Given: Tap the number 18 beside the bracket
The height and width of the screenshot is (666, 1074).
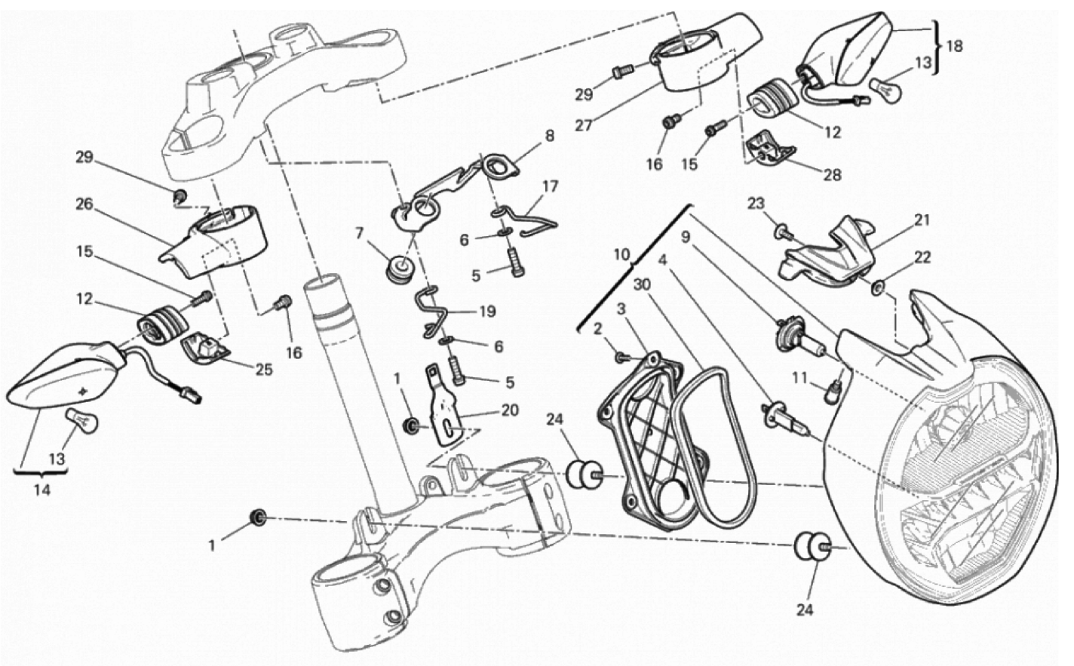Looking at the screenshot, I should [953, 46].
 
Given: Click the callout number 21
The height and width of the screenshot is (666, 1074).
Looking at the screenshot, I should [922, 220].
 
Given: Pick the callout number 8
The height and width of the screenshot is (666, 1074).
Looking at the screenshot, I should [549, 137].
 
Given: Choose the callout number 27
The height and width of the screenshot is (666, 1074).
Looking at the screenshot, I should [604, 126].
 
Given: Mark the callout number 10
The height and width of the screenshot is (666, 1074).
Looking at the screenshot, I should [621, 255].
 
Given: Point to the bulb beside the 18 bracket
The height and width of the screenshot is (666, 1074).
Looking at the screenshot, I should [882, 89].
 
